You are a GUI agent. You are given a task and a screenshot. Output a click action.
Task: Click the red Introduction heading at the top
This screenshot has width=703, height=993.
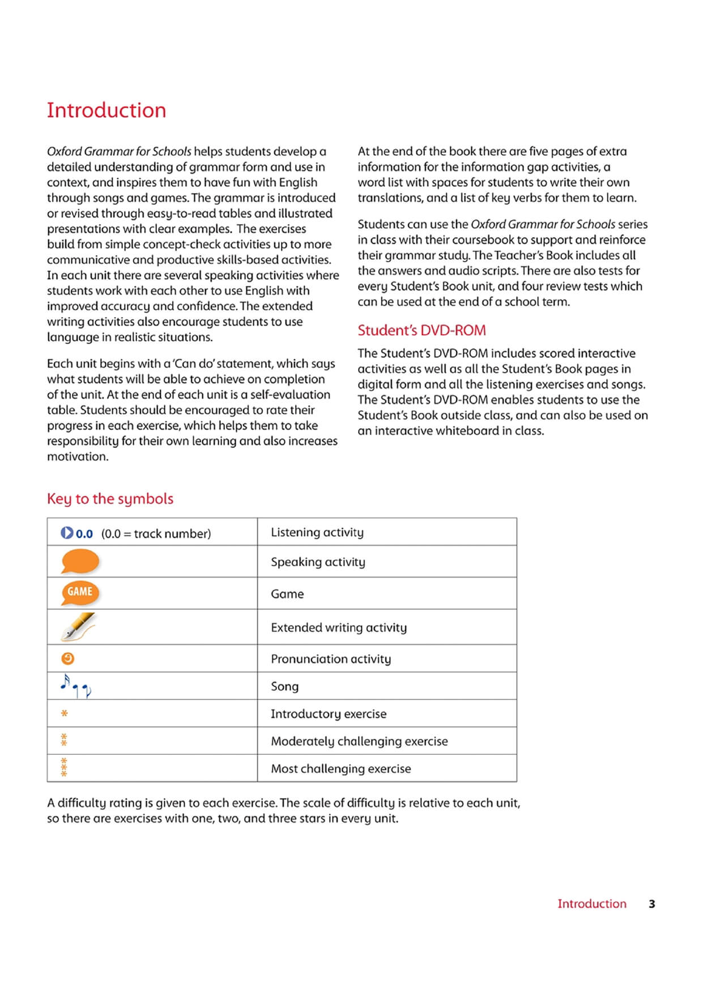pyautogui.click(x=106, y=110)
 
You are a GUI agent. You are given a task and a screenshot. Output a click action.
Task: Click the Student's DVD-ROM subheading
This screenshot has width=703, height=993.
pyautogui.click(x=421, y=330)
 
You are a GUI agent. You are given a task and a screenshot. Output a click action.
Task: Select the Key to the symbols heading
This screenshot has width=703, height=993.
pyautogui.click(x=110, y=499)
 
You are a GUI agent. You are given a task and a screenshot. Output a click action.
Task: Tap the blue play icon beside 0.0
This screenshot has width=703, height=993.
pyautogui.click(x=67, y=533)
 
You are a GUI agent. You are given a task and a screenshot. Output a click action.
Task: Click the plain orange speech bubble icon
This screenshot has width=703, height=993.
pyautogui.click(x=80, y=562)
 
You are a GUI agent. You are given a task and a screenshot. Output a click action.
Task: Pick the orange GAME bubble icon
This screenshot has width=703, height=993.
pyautogui.click(x=80, y=592)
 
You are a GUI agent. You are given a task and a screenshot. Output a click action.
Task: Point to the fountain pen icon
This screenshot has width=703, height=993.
pyautogui.click(x=78, y=626)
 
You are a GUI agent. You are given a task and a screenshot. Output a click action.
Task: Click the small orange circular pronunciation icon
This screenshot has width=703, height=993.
pyautogui.click(x=67, y=658)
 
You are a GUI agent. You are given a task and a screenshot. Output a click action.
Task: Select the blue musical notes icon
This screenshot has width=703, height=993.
pyautogui.click(x=75, y=686)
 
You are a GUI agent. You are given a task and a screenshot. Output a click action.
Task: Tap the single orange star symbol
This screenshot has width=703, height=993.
pyautogui.click(x=64, y=713)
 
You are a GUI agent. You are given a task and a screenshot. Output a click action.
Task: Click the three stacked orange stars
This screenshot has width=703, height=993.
pyautogui.click(x=64, y=768)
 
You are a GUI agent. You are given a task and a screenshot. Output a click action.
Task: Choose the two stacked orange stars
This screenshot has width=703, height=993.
pyautogui.click(x=64, y=740)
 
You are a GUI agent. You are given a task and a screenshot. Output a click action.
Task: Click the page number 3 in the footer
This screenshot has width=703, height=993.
pyautogui.click(x=651, y=904)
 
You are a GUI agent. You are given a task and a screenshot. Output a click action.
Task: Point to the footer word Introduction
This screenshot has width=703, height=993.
pyautogui.click(x=591, y=904)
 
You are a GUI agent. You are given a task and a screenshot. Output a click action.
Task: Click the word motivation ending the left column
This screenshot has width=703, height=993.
pyautogui.click(x=78, y=456)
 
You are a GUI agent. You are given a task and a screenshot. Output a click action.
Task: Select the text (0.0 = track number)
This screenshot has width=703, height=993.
pyautogui.click(x=156, y=533)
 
